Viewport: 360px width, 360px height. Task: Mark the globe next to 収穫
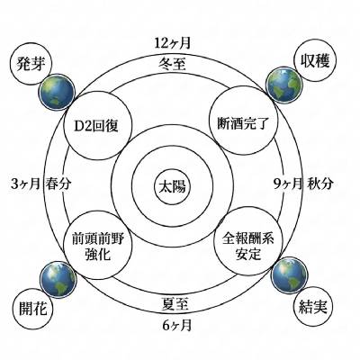283,85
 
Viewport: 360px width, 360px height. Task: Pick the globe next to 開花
58,279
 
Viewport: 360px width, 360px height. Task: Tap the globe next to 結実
288,274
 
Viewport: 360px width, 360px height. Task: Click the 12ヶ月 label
173,43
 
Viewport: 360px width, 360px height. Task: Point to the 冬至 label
172,64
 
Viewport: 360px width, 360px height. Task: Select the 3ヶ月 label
25,184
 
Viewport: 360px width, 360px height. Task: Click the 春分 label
58,184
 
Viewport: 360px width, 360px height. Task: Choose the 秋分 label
320,184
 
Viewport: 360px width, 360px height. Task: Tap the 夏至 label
175,303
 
